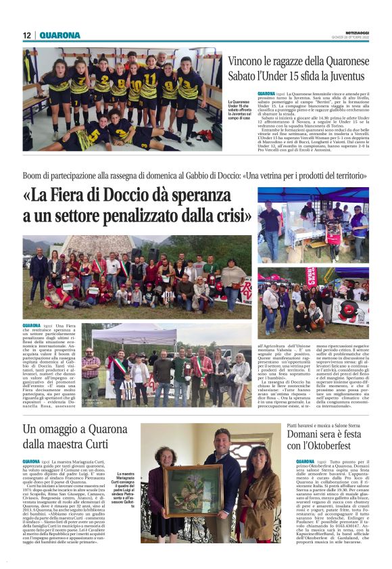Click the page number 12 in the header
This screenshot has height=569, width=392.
point(26,35)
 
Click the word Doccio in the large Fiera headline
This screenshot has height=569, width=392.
point(132,197)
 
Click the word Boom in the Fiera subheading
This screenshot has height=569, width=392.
point(32,176)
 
